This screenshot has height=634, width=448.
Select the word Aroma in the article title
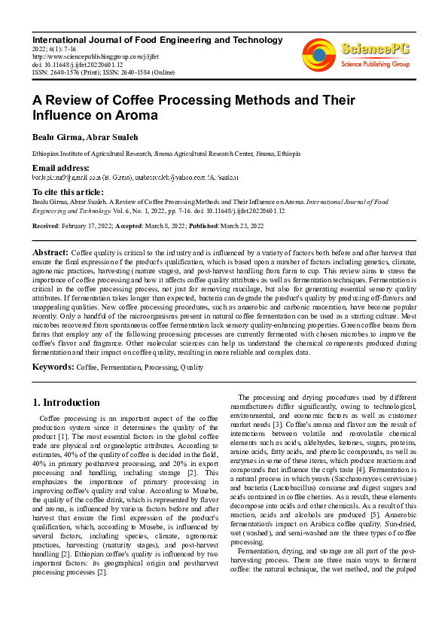[x=134, y=115]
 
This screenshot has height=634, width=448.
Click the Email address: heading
[x=60, y=167]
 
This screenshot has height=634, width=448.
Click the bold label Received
[x=47, y=226]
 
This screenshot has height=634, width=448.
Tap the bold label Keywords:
[x=53, y=367]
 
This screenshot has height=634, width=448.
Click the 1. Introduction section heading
[x=66, y=402]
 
